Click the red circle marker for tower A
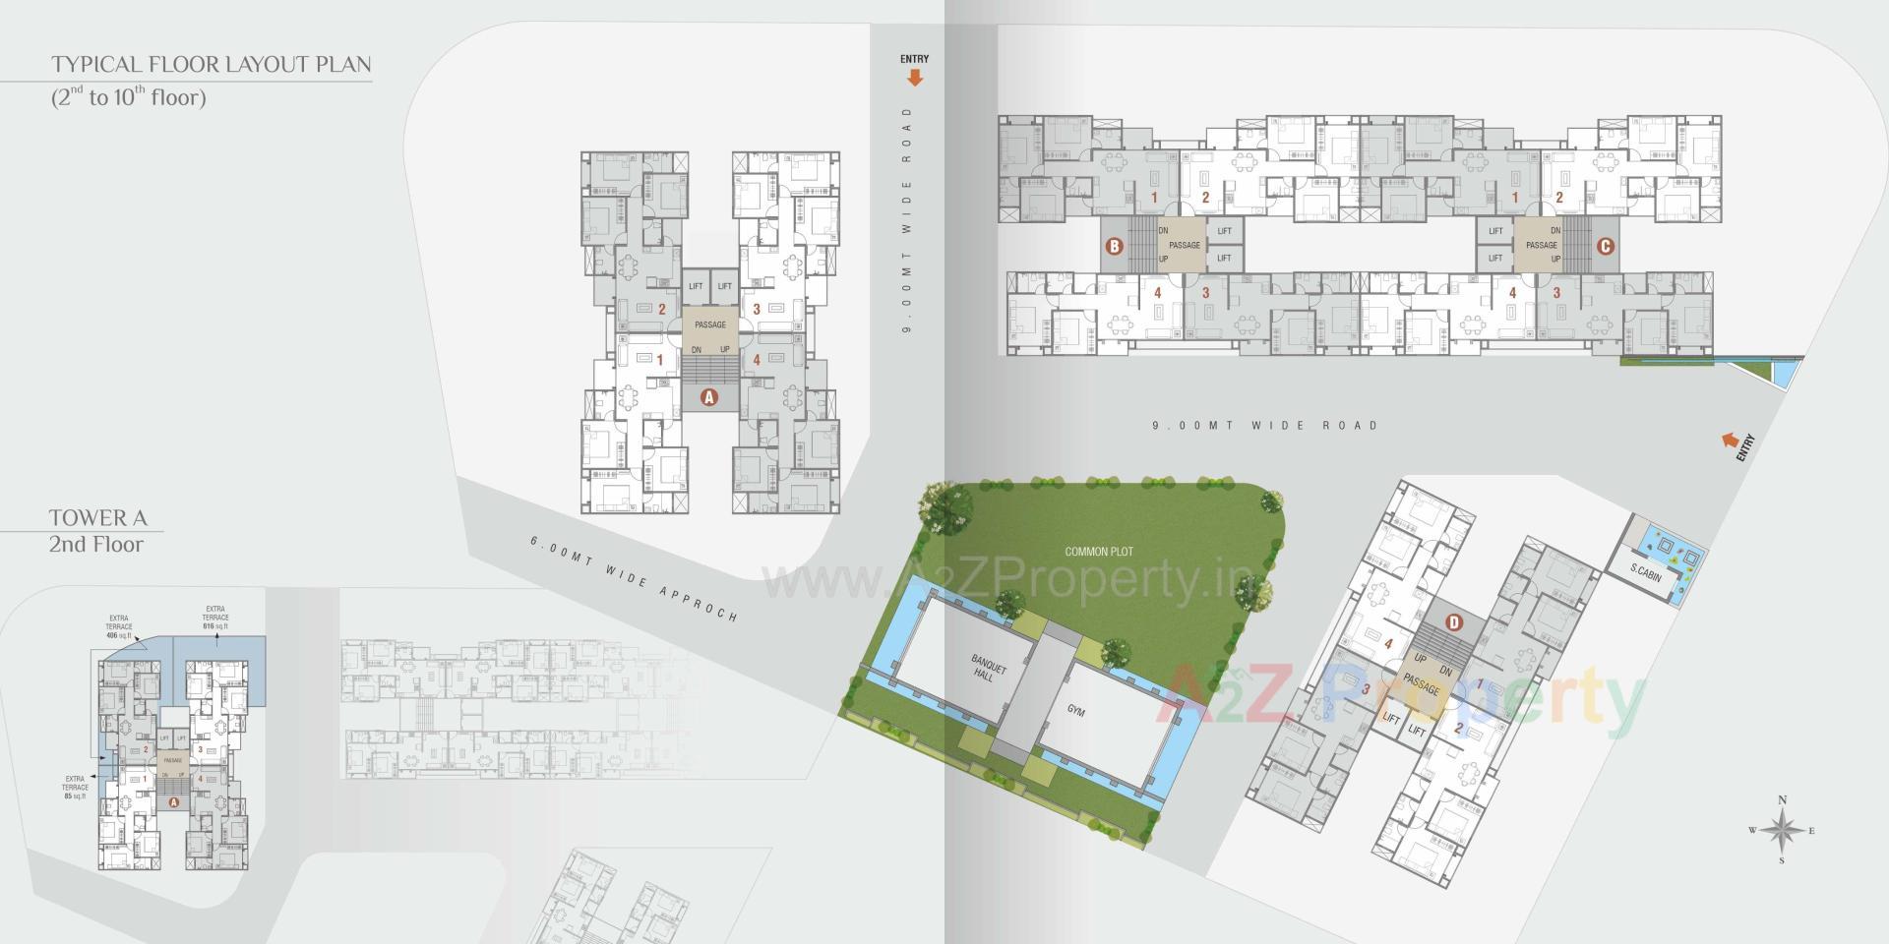[x=707, y=397]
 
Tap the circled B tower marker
[x=1114, y=246]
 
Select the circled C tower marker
[x=1604, y=246]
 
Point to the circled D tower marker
[x=1454, y=621]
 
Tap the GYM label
[x=1075, y=710]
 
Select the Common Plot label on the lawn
[x=1099, y=552]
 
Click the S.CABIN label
[x=1645, y=572]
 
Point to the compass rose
[x=1782, y=831]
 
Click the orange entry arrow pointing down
[x=915, y=78]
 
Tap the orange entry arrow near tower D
[x=1729, y=442]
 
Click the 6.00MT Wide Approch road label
[x=634, y=578]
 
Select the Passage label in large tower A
[x=709, y=324]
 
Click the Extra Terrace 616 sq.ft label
[x=215, y=618]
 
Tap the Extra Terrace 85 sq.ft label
[x=75, y=787]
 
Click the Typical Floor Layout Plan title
[x=212, y=65]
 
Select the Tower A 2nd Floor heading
[x=96, y=531]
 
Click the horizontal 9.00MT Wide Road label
[x=1265, y=426]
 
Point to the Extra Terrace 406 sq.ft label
[x=119, y=626]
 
